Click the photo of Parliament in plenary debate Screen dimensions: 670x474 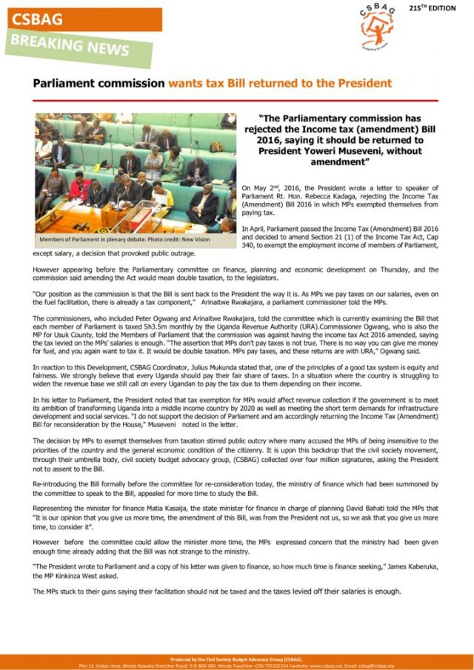point(136,172)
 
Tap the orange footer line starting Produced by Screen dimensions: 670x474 point(237,658)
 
